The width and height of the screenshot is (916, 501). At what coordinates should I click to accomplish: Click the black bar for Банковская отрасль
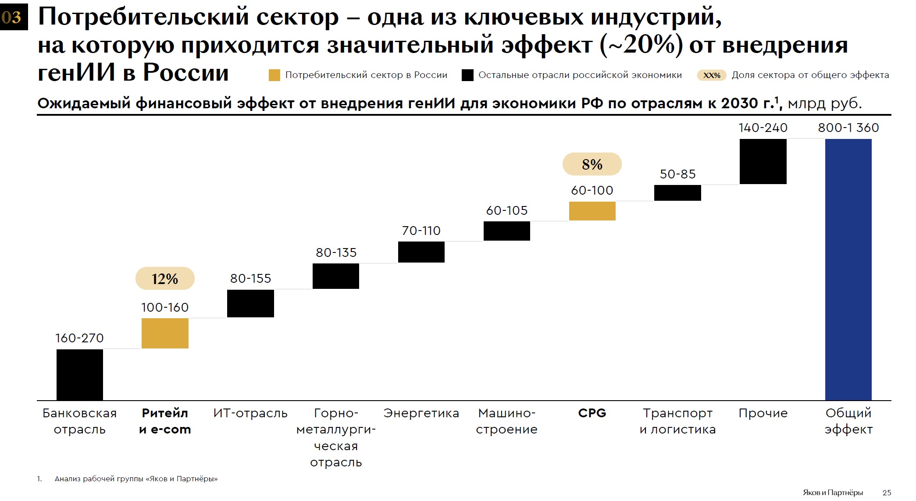tap(80, 375)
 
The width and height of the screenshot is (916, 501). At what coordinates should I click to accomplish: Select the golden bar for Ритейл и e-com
tap(165, 333)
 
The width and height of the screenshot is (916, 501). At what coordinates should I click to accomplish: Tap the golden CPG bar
tap(592, 211)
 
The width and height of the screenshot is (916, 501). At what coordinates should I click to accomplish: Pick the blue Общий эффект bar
tap(848, 270)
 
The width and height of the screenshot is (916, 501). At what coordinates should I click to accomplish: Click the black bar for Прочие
tap(763, 161)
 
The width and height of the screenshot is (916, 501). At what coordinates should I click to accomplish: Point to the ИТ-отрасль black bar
tap(250, 303)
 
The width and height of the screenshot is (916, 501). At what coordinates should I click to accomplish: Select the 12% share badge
tap(165, 279)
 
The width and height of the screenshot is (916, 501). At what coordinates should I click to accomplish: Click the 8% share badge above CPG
tap(592, 164)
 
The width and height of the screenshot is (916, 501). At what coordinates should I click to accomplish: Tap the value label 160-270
tap(79, 338)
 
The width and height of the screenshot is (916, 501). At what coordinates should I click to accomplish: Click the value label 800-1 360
tap(848, 128)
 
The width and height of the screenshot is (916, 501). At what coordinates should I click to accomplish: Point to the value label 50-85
tap(677, 174)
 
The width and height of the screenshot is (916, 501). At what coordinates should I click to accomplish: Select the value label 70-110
tap(421, 231)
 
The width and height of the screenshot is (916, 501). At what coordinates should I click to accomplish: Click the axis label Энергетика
tap(421, 413)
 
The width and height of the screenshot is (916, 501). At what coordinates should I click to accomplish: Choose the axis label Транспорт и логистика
tap(677, 421)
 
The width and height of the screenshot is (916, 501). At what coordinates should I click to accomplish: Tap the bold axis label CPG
tap(592, 413)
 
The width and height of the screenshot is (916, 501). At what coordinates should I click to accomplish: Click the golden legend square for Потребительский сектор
tap(274, 75)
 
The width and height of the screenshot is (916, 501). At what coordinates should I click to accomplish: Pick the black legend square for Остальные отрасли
tap(467, 75)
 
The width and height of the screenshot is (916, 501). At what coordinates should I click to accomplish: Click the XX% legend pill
tap(711, 75)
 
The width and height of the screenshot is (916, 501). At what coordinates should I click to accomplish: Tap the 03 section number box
tap(14, 17)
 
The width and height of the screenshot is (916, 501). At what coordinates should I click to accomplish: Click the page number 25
tap(887, 493)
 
